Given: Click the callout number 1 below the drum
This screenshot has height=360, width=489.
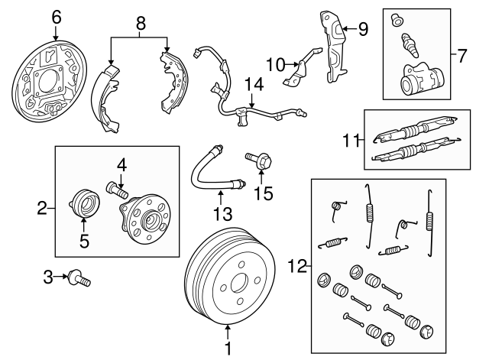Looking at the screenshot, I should (227, 349).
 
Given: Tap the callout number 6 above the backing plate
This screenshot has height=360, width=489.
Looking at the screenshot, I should (56, 15).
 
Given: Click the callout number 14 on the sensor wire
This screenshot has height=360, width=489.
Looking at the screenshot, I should (253, 84).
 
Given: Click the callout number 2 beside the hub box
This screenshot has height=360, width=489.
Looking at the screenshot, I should (43, 206).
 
